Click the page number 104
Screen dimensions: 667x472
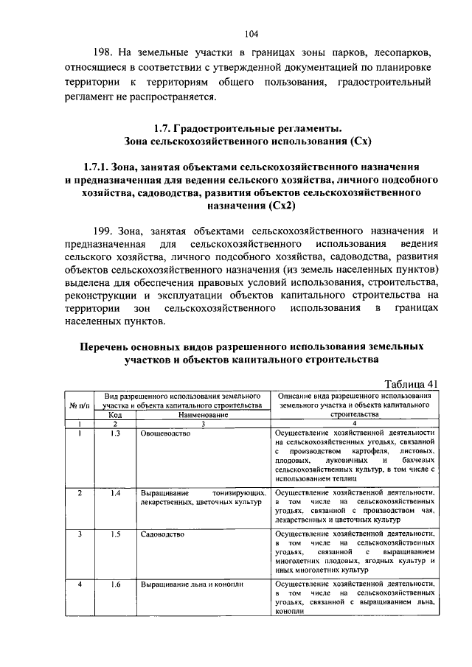point(251,32)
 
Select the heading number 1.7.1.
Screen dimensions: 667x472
point(100,167)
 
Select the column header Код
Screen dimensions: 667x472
point(115,415)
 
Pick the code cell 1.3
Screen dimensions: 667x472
point(115,434)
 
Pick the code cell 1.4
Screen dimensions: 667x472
point(115,493)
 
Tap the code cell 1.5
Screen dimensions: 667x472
point(115,534)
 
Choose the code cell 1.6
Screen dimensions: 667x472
point(115,584)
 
